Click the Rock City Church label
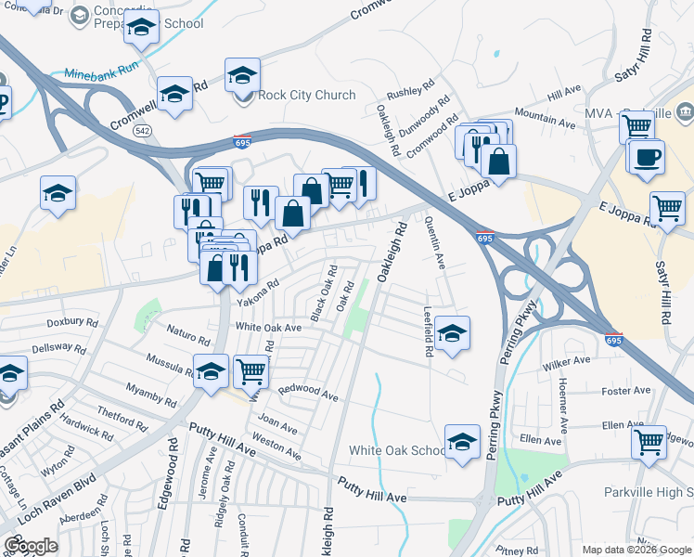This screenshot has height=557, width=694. (307, 95)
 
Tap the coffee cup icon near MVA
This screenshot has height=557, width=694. (647, 156)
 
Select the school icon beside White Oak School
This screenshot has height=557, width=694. (461, 442)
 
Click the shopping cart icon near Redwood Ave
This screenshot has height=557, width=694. (251, 371)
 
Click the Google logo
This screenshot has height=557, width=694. (31, 546)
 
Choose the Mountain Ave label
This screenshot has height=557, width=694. (545, 116)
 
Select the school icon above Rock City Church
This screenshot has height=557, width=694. (243, 74)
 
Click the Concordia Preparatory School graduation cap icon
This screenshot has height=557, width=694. (141, 29)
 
